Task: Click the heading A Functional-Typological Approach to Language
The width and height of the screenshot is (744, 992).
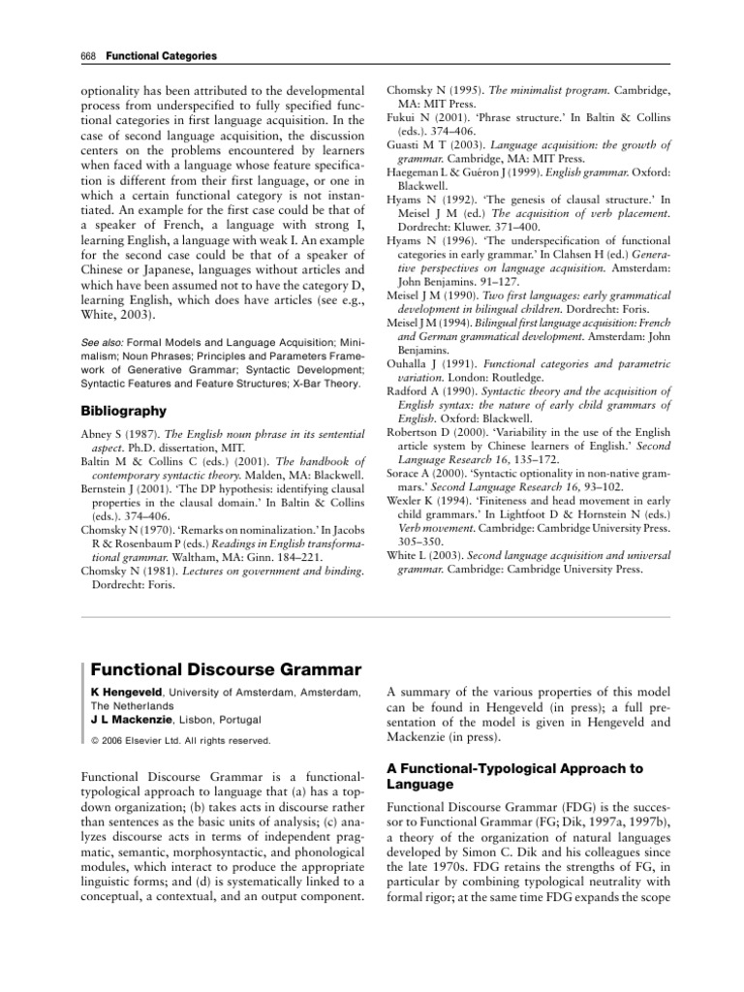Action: coord(514,775)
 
